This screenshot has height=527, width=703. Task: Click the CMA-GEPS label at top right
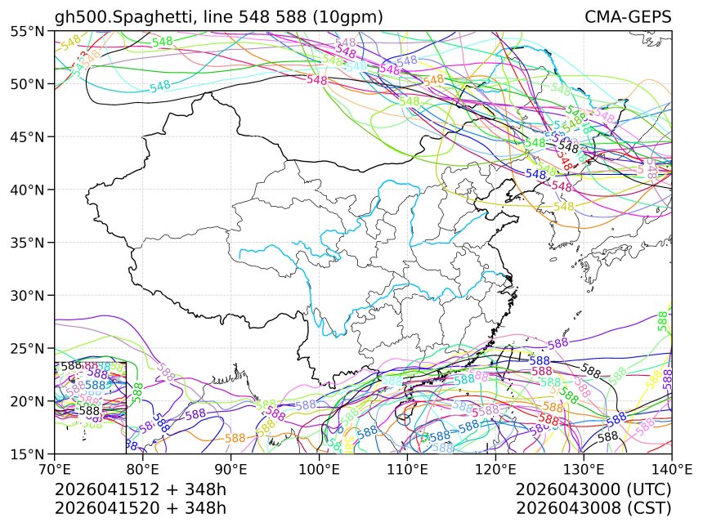pos(628,17)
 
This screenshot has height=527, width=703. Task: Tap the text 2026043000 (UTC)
pos(593,489)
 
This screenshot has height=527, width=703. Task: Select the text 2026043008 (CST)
pos(593,507)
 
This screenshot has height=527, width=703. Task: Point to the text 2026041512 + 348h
pos(140,489)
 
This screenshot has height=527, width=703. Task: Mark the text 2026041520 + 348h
pos(140,507)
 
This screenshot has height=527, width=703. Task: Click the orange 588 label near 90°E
pos(235,438)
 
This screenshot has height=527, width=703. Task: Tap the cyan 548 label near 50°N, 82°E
pos(160,86)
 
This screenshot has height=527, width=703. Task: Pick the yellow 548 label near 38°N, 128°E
pos(564,207)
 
